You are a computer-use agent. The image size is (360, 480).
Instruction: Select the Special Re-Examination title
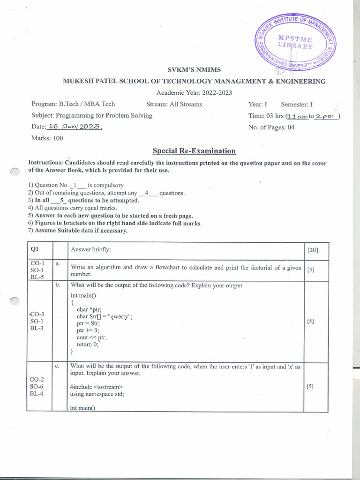pyautogui.click(x=194, y=151)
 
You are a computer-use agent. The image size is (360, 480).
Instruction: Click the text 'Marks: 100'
pyautogui.click(x=47, y=138)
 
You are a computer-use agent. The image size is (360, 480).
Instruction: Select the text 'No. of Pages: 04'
pyautogui.click(x=271, y=127)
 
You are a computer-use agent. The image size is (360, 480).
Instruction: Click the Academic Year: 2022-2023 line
pyautogui.click(x=194, y=93)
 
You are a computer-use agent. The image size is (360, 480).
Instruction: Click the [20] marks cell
pyautogui.click(x=312, y=250)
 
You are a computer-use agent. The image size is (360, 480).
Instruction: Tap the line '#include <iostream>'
pyautogui.click(x=97, y=387)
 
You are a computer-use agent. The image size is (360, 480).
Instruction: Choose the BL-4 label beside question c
pyautogui.click(x=37, y=394)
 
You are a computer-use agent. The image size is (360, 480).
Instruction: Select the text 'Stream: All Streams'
pyautogui.click(x=174, y=104)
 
